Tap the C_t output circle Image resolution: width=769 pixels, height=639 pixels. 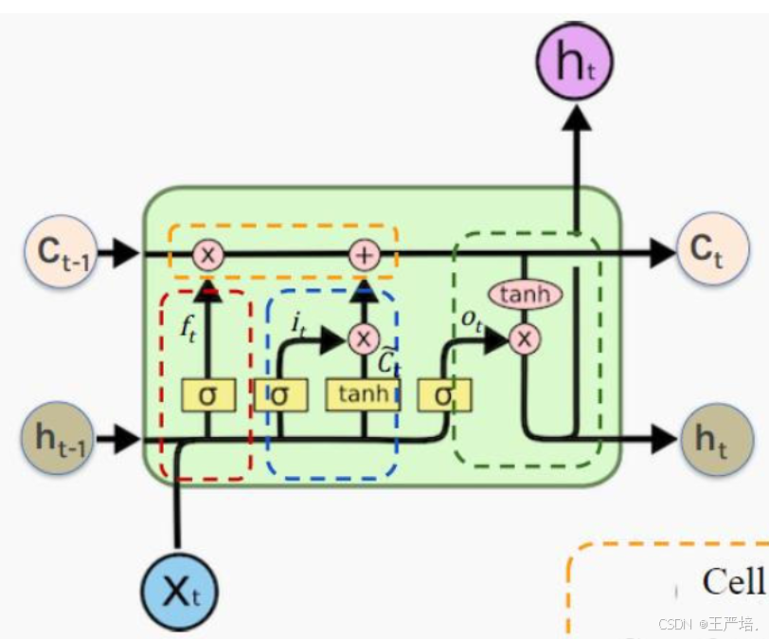click(705, 251)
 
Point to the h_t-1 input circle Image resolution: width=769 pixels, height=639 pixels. click(58, 439)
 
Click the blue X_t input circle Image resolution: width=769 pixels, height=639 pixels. click(178, 594)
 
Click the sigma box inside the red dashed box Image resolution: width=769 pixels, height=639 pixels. click(207, 394)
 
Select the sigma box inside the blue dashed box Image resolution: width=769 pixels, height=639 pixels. click(278, 394)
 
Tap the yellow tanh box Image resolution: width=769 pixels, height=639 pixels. click(362, 394)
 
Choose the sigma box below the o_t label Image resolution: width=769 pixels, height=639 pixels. click(443, 394)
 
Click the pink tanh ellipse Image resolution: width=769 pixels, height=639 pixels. click(525, 295)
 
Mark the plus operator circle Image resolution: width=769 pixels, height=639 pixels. click(364, 254)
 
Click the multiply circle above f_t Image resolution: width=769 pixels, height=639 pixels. click(206, 254)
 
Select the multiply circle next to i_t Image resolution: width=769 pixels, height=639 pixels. click(363, 338)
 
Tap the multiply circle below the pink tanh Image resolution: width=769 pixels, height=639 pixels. click(524, 338)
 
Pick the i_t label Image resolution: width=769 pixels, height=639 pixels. click(296, 326)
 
